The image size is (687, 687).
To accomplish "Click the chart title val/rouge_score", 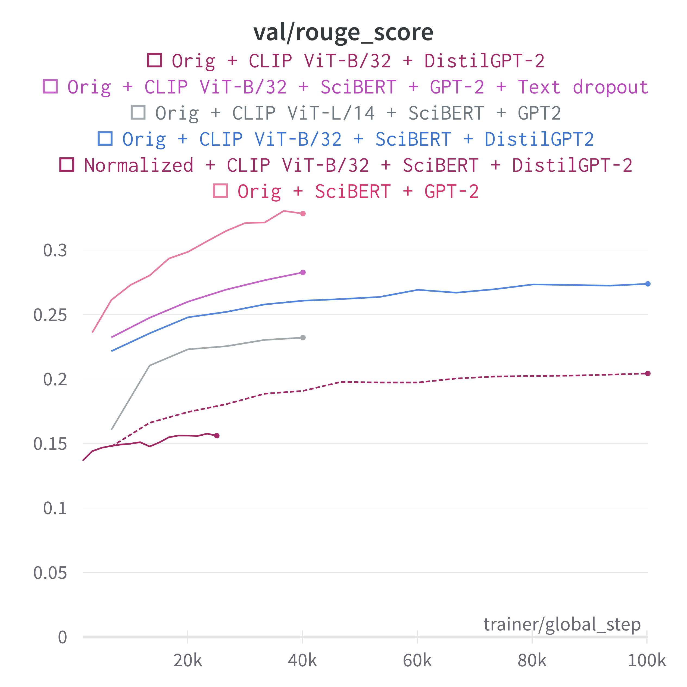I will click(x=343, y=33).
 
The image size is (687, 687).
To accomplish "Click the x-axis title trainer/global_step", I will click(x=562, y=624).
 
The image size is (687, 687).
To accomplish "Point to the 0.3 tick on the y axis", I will click(x=55, y=251).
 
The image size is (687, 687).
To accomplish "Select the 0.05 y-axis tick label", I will click(x=50, y=573).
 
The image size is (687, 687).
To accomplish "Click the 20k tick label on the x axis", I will click(x=188, y=661).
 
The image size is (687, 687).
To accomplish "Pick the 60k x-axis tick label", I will click(x=417, y=661).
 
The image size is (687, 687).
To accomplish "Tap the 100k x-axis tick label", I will click(x=647, y=661).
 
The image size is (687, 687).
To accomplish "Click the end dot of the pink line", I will click(x=303, y=214).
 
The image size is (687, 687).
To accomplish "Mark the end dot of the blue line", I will click(x=648, y=284).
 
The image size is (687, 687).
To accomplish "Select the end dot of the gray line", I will click(x=303, y=338).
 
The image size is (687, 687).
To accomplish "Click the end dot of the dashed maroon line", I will click(x=648, y=373).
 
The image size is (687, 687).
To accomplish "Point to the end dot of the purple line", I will click(x=303, y=272).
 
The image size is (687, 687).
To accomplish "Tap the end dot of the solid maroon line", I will click(x=217, y=436).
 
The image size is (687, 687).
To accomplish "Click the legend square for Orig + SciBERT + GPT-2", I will click(x=220, y=191).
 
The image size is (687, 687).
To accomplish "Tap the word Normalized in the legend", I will click(x=139, y=165).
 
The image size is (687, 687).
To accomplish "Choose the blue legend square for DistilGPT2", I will click(x=105, y=139).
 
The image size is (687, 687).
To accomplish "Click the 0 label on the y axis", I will click(x=62, y=637).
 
